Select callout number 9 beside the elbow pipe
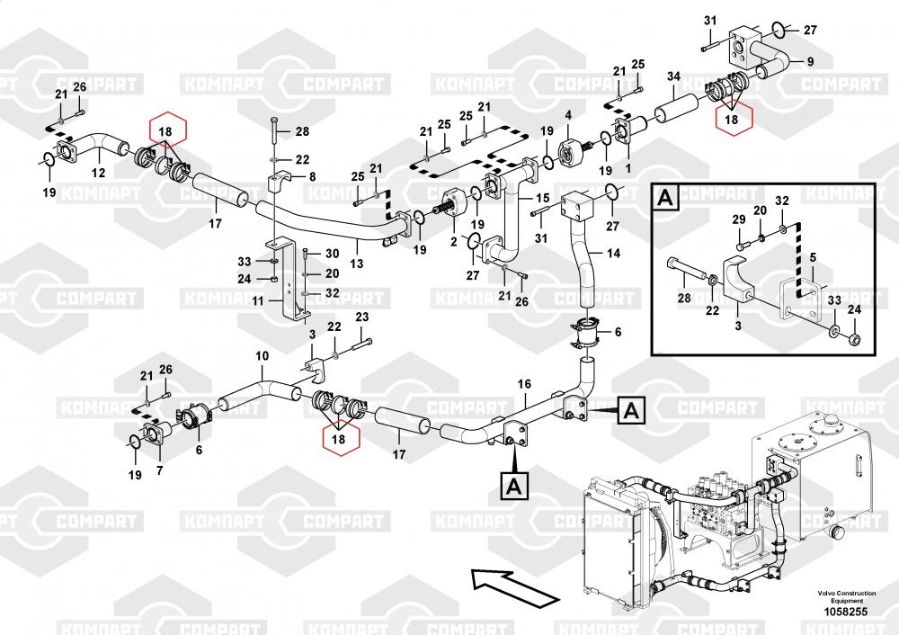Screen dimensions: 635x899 (x=810, y=61)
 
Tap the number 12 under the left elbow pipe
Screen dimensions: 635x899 (x=98, y=174)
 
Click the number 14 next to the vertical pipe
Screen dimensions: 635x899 (x=613, y=254)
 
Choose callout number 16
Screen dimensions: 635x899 (x=524, y=385)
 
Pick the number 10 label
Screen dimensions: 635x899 (x=261, y=356)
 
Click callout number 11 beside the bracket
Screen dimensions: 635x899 (x=258, y=301)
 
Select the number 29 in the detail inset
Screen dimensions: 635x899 (x=738, y=220)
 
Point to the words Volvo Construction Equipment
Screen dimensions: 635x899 (x=847, y=597)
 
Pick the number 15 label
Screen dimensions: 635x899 (x=542, y=197)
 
